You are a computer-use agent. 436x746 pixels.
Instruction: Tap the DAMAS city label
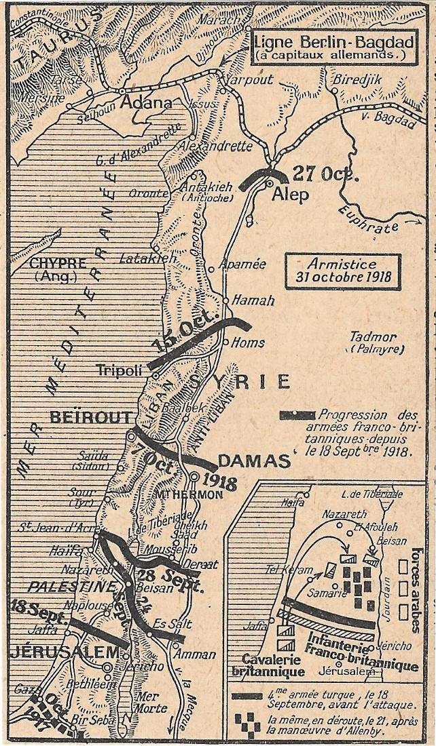254,461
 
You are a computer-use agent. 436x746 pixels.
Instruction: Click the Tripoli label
118,370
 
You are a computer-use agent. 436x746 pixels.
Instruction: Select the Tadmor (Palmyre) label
376,342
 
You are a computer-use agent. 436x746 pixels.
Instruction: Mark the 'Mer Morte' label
151,702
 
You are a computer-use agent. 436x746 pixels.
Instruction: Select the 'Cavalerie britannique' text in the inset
268,665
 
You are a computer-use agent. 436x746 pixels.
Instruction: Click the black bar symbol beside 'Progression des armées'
297,415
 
